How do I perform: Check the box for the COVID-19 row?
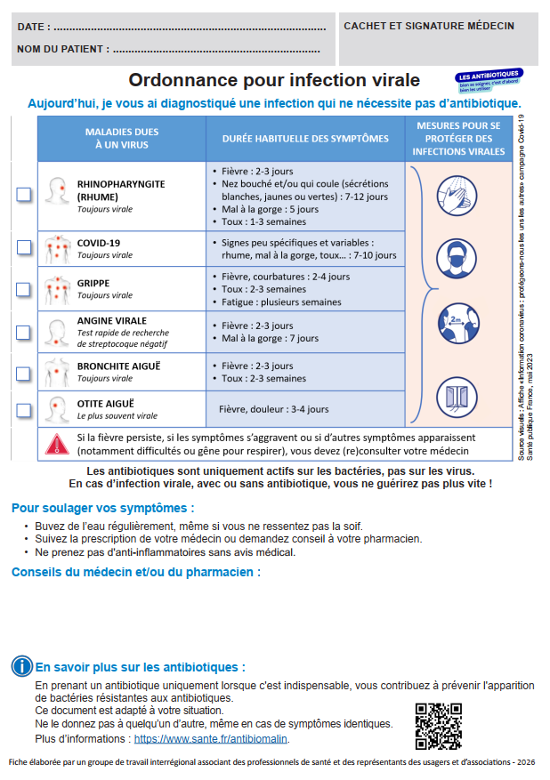24,248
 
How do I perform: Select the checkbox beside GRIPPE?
24,288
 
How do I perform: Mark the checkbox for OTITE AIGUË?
24,410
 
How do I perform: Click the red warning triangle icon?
57,444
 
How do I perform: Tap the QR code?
439,726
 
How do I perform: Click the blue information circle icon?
22,666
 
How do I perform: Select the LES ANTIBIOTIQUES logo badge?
489,79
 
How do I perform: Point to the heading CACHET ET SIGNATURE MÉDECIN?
429,27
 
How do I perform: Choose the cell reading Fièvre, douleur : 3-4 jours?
273,410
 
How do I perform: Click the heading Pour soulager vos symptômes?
102,509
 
